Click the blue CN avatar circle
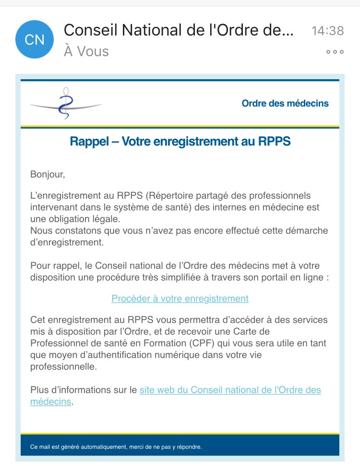click(x=35, y=39)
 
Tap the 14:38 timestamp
click(x=327, y=31)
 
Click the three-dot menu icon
click(x=335, y=52)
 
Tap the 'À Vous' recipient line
click(x=86, y=51)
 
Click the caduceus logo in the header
click(x=65, y=104)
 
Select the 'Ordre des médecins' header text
click(x=285, y=103)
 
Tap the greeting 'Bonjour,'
click(x=47, y=174)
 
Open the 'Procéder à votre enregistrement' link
click(x=180, y=299)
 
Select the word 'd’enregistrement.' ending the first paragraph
click(x=67, y=242)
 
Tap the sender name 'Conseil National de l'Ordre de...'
click(x=178, y=30)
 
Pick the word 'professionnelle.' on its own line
click(x=63, y=367)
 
